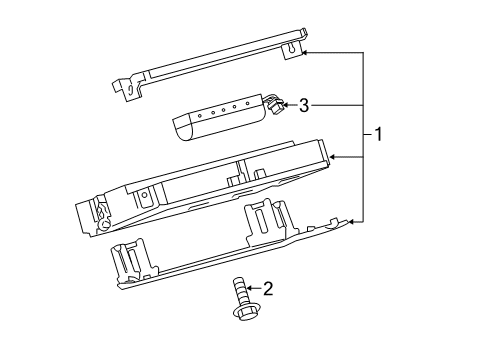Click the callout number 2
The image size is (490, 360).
pos(267,288)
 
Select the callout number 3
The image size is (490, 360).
pos(305,104)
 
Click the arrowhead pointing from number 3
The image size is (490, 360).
pos(286,103)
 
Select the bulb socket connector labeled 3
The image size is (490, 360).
pos(271,103)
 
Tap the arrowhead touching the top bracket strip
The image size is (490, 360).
pos(307,52)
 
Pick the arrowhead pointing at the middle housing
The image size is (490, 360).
pos(334,157)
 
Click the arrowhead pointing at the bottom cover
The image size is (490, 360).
pos(353,221)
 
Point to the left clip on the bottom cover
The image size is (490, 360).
pos(131,259)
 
